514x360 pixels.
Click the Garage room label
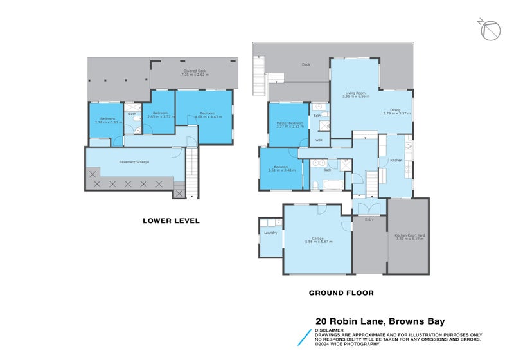[318, 240]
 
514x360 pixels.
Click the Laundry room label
[270, 232]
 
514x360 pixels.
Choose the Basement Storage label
[134, 162]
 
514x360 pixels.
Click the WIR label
[318, 139]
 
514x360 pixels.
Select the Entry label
[369, 220]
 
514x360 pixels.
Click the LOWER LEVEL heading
[171, 221]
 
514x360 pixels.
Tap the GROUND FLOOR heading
[341, 292]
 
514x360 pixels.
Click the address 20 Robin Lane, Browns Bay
[380, 321]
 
